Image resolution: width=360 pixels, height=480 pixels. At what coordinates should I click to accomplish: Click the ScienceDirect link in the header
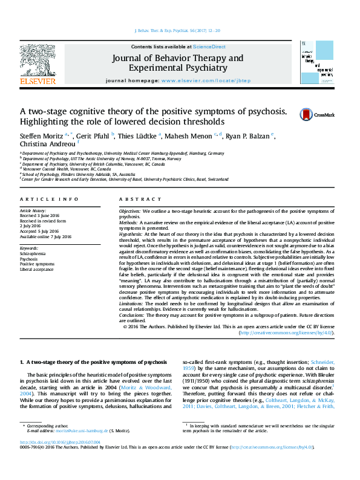(210, 47)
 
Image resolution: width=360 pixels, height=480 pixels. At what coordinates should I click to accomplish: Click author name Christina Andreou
(43, 144)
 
